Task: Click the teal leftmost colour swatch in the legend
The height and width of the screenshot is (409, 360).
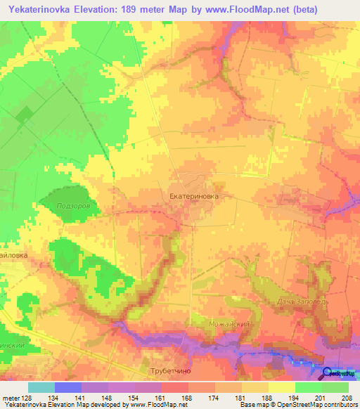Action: click(41, 387)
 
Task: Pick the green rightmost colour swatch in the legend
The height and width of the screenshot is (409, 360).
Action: click(335, 387)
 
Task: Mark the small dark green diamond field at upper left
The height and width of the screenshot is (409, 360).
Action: click(24, 115)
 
